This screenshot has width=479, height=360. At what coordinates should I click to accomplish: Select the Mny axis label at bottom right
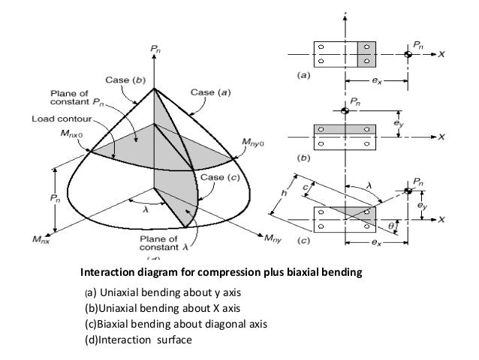coord(273,240)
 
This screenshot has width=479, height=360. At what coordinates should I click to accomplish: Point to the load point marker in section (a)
coord(408,54)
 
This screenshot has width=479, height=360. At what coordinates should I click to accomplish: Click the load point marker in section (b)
coord(345,111)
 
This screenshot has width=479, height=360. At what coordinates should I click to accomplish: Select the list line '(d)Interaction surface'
coord(138,339)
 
